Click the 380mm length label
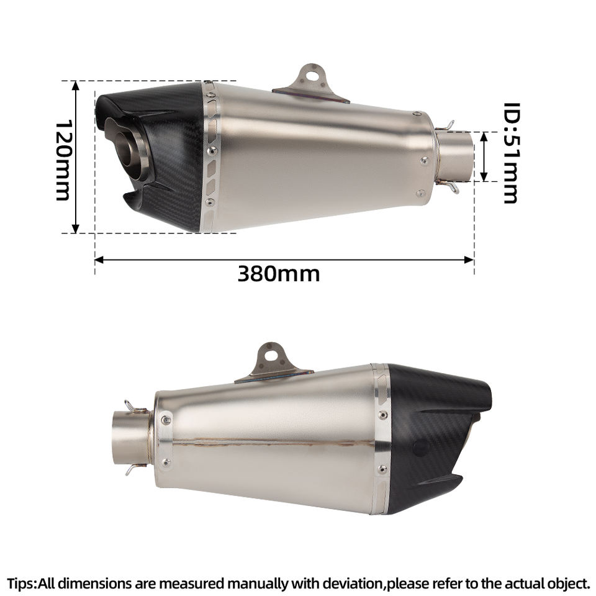click(x=279, y=274)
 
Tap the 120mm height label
click(x=63, y=160)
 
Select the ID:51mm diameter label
click(x=511, y=153)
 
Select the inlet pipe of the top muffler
click(x=454, y=156)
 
